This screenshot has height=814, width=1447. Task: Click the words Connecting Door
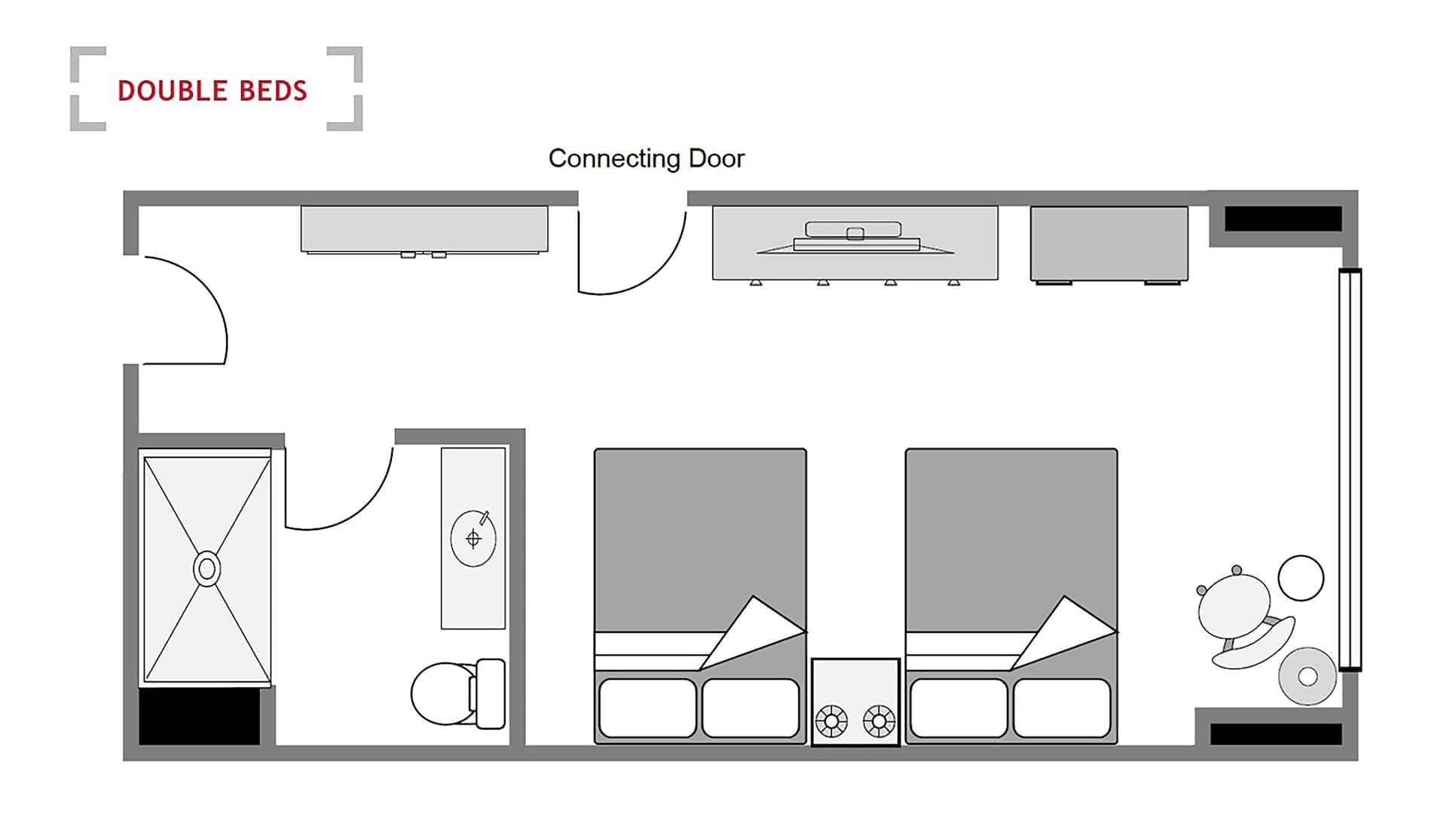click(x=646, y=159)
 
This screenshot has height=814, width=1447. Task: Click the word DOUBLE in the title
click(x=173, y=91)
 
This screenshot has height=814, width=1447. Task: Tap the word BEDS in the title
click(x=273, y=91)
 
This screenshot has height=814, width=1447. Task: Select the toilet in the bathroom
click(x=458, y=693)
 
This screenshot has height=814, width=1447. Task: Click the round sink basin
click(x=473, y=538)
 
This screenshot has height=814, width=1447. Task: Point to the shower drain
click(x=206, y=569)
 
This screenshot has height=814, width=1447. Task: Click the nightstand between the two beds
click(x=855, y=702)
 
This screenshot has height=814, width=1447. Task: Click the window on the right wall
click(x=1350, y=470)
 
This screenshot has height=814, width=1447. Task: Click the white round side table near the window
click(x=1301, y=578)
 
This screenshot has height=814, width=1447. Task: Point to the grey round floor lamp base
click(x=1308, y=677)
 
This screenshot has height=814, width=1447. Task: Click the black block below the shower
click(x=200, y=716)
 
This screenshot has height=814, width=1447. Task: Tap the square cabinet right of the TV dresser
click(x=1109, y=244)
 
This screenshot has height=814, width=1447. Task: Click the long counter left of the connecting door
click(x=424, y=229)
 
